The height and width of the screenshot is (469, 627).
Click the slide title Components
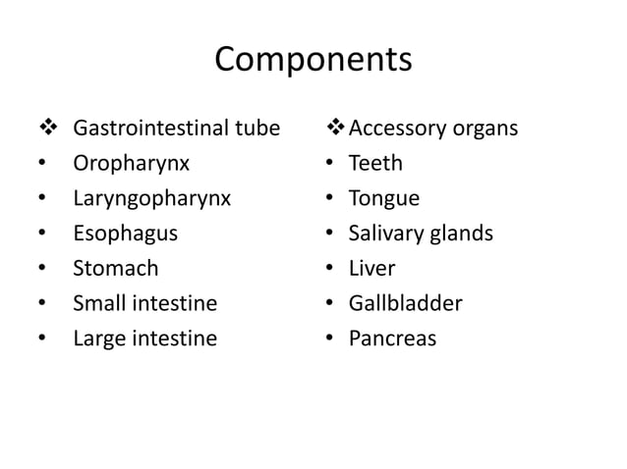[313, 61]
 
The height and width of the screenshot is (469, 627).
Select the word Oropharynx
[131, 163]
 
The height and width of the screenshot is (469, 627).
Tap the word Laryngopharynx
[152, 198]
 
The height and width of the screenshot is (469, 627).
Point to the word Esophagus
[126, 234]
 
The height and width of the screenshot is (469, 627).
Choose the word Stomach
[115, 268]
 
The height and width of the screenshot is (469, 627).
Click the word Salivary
[387, 234]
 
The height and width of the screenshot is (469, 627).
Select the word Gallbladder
[405, 303]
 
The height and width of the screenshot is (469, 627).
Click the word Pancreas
[392, 339]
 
